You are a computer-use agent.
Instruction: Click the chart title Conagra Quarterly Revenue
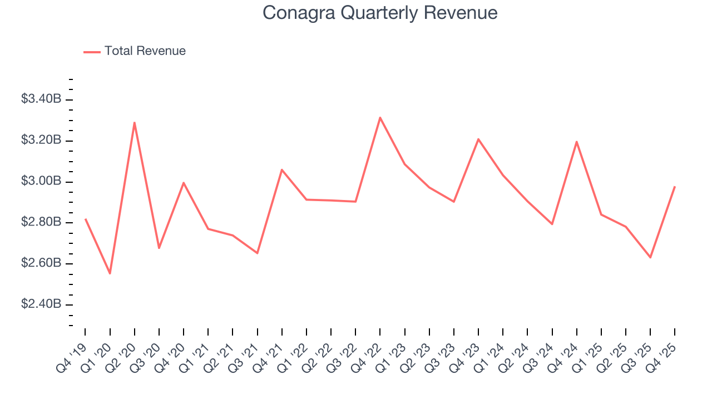click(x=380, y=13)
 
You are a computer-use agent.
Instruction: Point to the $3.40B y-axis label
click(x=41, y=99)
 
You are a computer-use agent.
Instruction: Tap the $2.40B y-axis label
click(x=41, y=304)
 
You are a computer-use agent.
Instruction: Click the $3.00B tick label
click(x=41, y=182)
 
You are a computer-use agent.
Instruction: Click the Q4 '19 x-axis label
click(x=73, y=355)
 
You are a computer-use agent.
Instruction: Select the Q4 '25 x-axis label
click(x=662, y=355)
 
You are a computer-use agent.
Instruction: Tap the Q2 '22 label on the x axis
click(x=319, y=355)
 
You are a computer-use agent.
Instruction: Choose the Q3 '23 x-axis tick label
click(x=442, y=355)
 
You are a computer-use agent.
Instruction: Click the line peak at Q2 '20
click(x=135, y=123)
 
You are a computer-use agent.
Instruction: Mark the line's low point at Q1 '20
click(x=110, y=273)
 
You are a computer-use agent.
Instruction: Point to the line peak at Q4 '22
click(x=380, y=118)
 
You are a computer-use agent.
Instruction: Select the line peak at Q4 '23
click(x=478, y=139)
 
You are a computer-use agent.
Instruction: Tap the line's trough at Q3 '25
click(x=650, y=257)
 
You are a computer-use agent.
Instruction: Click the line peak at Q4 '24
click(x=577, y=142)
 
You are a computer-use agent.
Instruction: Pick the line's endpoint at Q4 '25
click(x=675, y=187)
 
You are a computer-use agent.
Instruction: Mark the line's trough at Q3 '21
click(x=257, y=253)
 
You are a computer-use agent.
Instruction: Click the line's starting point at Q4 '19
click(x=86, y=219)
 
